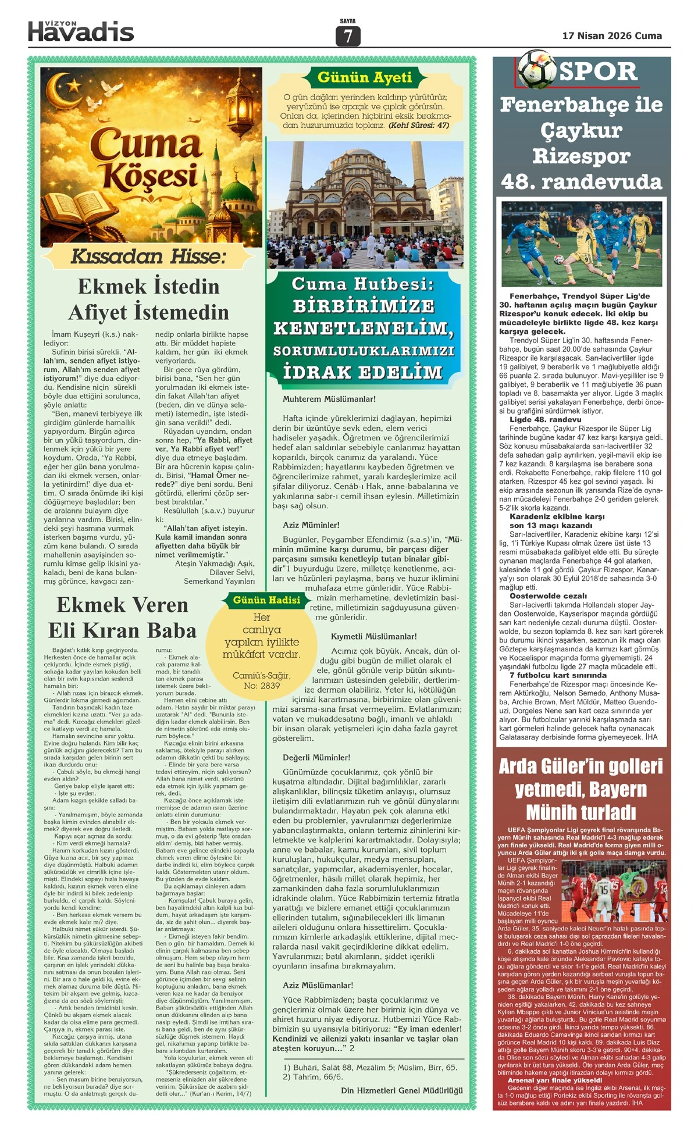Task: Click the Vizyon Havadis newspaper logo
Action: click(81, 31)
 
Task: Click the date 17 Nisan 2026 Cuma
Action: click(611, 36)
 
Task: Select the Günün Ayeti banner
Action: click(364, 77)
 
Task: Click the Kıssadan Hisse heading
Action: click(148, 256)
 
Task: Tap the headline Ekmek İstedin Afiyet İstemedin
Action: click(149, 299)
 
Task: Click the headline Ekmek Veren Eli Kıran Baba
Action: click(122, 618)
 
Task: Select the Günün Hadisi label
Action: click(266, 600)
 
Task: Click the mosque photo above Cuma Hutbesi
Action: click(364, 204)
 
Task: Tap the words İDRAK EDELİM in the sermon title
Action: click(363, 373)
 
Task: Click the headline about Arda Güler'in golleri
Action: click(581, 789)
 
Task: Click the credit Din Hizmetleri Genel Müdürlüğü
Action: click(402, 1090)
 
